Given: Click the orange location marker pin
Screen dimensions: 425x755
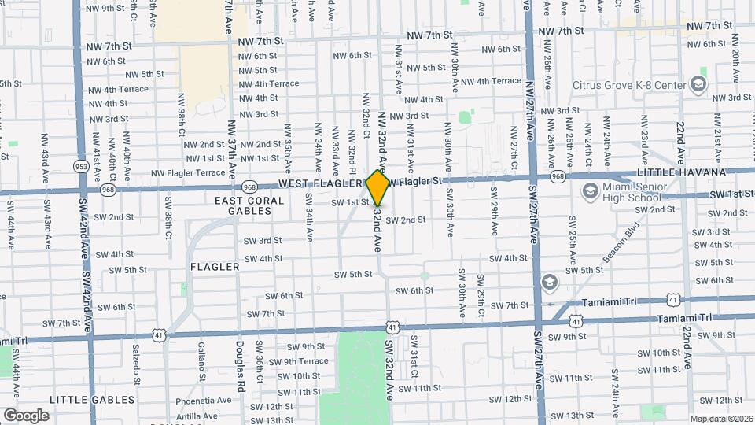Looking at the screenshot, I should point(378,187).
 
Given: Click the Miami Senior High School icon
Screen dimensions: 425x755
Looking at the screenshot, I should point(589,191).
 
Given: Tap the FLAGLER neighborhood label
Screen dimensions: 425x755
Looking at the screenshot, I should point(215,267).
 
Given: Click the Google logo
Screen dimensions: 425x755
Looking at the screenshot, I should point(27,415).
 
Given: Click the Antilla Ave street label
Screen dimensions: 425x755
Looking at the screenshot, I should point(197,416).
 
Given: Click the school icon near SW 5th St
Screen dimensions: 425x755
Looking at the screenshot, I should point(549,282).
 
